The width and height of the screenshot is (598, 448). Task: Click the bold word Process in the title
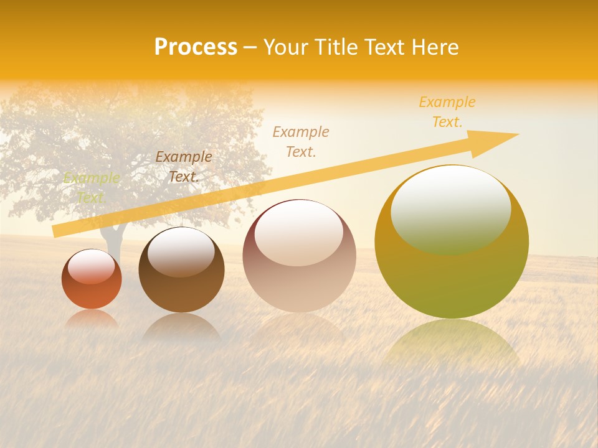[196, 47]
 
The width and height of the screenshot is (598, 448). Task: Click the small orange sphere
[92, 279]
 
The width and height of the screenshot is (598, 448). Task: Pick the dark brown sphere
[181, 269]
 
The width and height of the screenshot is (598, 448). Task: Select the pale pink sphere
[299, 256]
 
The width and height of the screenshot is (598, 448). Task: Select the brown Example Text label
[184, 167]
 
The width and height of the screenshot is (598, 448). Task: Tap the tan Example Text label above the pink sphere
[301, 141]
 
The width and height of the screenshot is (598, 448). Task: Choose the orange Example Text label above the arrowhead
[447, 112]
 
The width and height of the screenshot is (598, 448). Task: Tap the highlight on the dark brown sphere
[181, 250]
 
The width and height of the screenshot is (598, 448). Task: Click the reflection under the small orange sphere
[92, 319]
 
